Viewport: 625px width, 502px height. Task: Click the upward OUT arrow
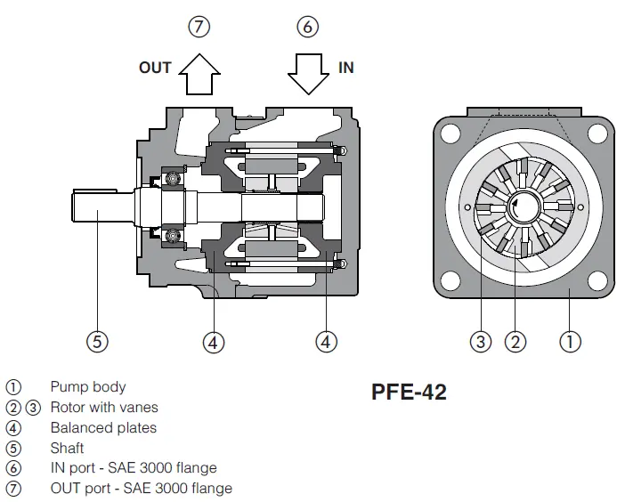point(199,75)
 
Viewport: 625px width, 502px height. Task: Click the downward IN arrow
point(309,75)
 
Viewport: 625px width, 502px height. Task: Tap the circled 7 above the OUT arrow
point(199,27)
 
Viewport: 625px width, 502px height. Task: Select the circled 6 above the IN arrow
point(308,27)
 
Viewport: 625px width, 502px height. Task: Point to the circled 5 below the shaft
point(97,342)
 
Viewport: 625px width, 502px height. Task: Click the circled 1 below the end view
point(570,342)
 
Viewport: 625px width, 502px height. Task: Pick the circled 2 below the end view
point(515,342)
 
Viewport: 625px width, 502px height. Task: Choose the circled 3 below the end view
point(480,342)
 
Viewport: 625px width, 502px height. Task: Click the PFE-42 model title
point(409,392)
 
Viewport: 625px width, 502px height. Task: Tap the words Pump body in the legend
point(88,387)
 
